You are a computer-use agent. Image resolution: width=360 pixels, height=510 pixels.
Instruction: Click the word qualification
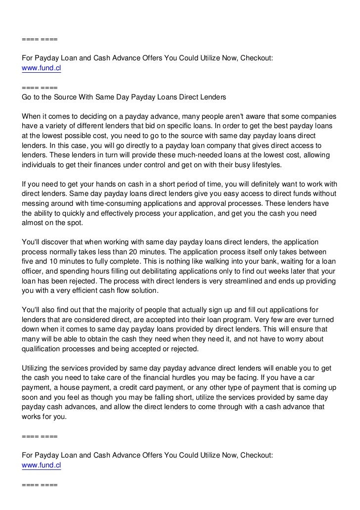[44, 348]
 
